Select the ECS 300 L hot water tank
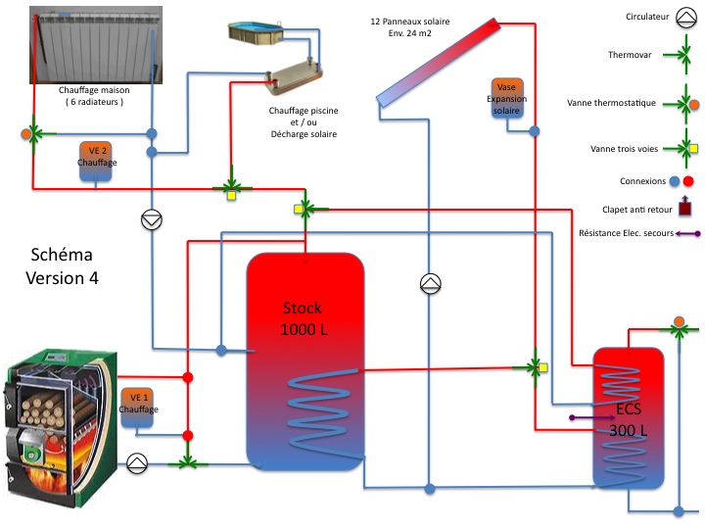[x=629, y=416]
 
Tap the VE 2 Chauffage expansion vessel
[x=97, y=161]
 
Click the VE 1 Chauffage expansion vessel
[x=138, y=405]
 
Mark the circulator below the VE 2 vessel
[x=152, y=220]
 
